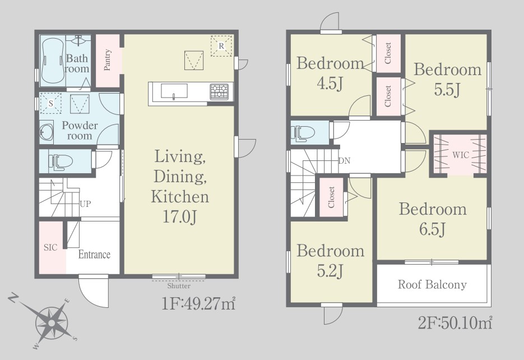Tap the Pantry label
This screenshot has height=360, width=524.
click(x=107, y=60)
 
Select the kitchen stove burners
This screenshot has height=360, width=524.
click(x=219, y=91)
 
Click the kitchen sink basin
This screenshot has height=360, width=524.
click(x=174, y=91)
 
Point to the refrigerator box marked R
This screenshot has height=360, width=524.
click(x=221, y=46)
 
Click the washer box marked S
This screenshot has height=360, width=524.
click(x=50, y=103)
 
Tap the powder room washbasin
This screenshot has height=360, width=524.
click(x=45, y=132)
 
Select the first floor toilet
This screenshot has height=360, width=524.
click(x=61, y=162)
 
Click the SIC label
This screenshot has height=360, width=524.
click(x=50, y=247)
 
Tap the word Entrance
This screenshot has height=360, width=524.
click(x=94, y=255)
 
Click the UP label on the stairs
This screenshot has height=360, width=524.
click(x=85, y=204)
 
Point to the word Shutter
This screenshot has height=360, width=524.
click(x=179, y=286)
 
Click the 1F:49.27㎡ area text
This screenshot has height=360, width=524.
click(x=199, y=304)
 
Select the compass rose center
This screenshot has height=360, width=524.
click(x=52, y=323)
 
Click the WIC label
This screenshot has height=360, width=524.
click(x=461, y=155)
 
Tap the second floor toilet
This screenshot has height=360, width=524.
click(x=303, y=133)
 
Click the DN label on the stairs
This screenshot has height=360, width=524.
click(x=345, y=161)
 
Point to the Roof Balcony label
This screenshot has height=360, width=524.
click(x=432, y=284)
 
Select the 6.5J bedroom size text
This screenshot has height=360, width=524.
click(x=432, y=229)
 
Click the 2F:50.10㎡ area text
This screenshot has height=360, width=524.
click(x=455, y=323)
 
